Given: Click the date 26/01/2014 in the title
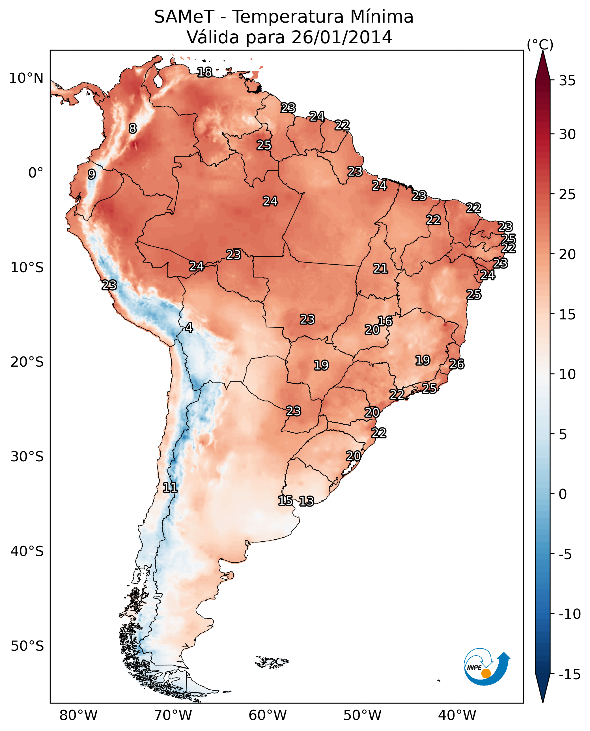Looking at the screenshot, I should [342, 37].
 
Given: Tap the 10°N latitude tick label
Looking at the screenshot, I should [26, 79].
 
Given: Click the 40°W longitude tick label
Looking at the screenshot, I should [457, 715].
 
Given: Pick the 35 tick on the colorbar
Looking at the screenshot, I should [567, 81].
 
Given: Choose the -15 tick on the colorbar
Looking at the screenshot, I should [569, 674].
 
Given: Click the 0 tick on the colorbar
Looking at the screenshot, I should [563, 494].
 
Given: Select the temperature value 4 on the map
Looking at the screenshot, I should [189, 327].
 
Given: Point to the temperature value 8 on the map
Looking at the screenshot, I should [133, 128].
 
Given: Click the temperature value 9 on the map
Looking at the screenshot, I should [92, 174].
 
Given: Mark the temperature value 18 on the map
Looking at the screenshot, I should [204, 72].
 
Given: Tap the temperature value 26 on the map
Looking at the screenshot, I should [457, 364].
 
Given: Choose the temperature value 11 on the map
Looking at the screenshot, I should [170, 487].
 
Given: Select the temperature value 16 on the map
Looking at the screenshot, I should [385, 321].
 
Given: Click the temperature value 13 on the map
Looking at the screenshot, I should [307, 501].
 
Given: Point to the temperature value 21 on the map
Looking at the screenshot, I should [381, 269].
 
